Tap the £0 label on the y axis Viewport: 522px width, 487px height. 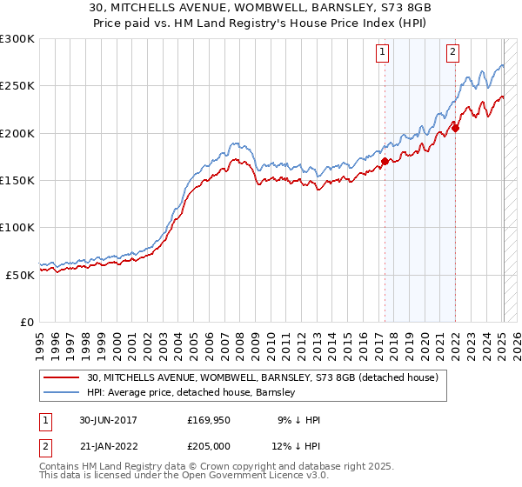tap(27, 322)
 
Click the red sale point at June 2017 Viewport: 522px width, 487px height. tap(385, 161)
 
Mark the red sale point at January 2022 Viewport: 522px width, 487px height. tap(455, 128)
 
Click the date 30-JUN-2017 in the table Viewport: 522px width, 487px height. tap(108, 420)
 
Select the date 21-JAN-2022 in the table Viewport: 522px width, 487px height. tap(108, 446)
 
